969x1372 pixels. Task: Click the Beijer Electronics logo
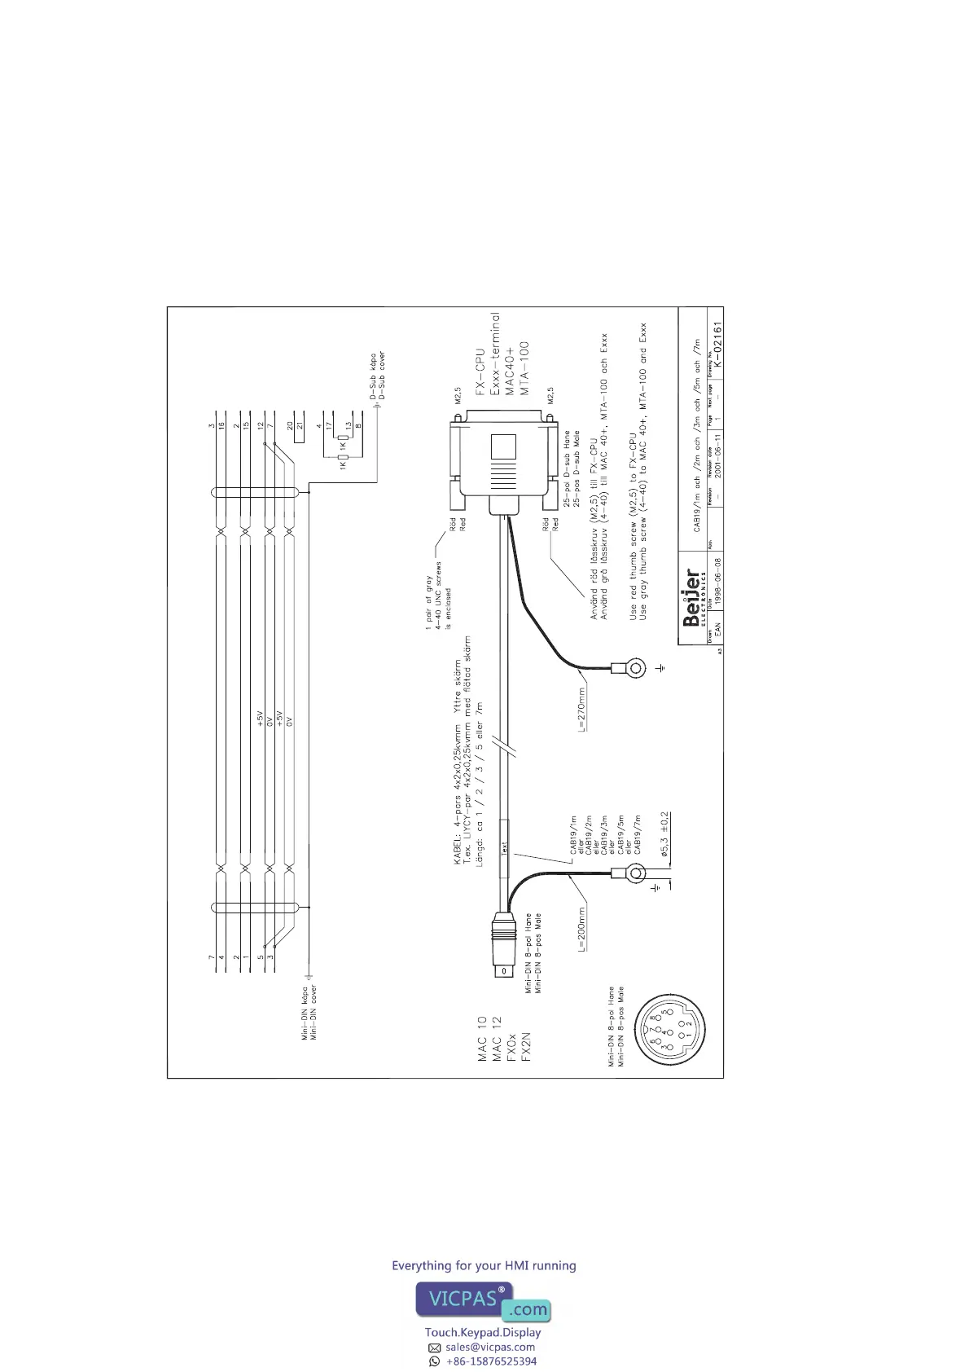[691, 597]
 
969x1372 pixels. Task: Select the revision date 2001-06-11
[717, 463]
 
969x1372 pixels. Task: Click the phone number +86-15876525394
[491, 1361]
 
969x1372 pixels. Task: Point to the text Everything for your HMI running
[484, 1265]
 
